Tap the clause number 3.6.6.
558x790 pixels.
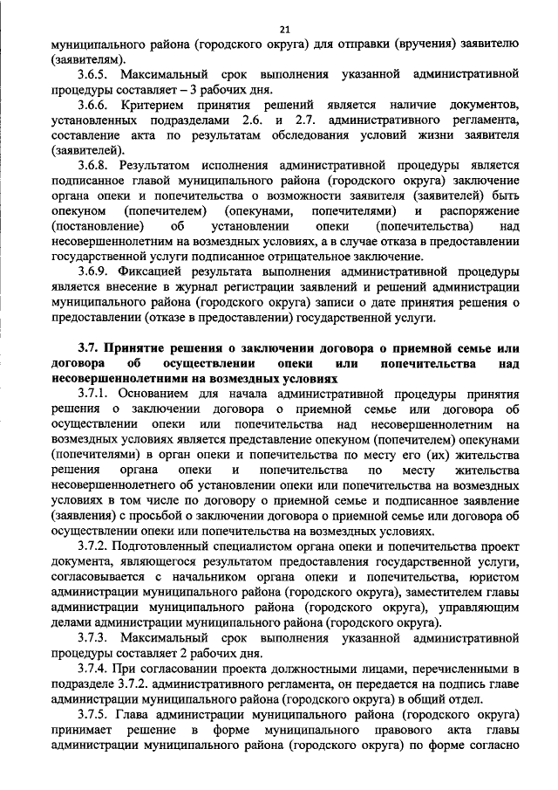pos(95,105)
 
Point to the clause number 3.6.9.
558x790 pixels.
pos(95,272)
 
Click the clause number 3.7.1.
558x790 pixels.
pos(95,394)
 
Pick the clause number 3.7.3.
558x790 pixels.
pos(95,637)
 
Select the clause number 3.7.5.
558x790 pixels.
pos(95,714)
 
